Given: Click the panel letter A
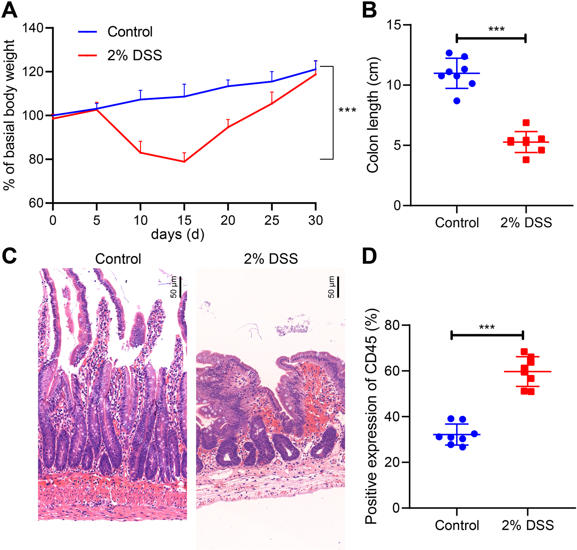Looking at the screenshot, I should pos(9,10).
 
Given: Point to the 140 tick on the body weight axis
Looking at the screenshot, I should pos(33,28).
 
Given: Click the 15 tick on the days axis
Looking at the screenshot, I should pos(184,220).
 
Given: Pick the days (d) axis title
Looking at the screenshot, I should pos(178,234).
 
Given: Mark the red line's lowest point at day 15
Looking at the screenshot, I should pos(184,161).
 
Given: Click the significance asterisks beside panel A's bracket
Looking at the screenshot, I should pos(347,111).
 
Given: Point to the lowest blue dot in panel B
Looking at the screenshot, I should pos(457,101).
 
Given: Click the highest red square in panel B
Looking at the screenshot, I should pos(526,123).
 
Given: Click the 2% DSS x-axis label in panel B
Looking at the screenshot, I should pos(526,223).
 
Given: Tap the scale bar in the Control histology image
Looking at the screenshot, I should pos(180,287).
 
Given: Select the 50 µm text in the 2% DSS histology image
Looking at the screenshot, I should pos(331,287).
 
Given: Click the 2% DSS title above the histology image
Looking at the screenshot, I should pos(271,259).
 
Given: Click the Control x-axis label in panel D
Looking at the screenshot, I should pos(457,525).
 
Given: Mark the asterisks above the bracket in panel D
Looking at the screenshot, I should pos(487,328).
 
